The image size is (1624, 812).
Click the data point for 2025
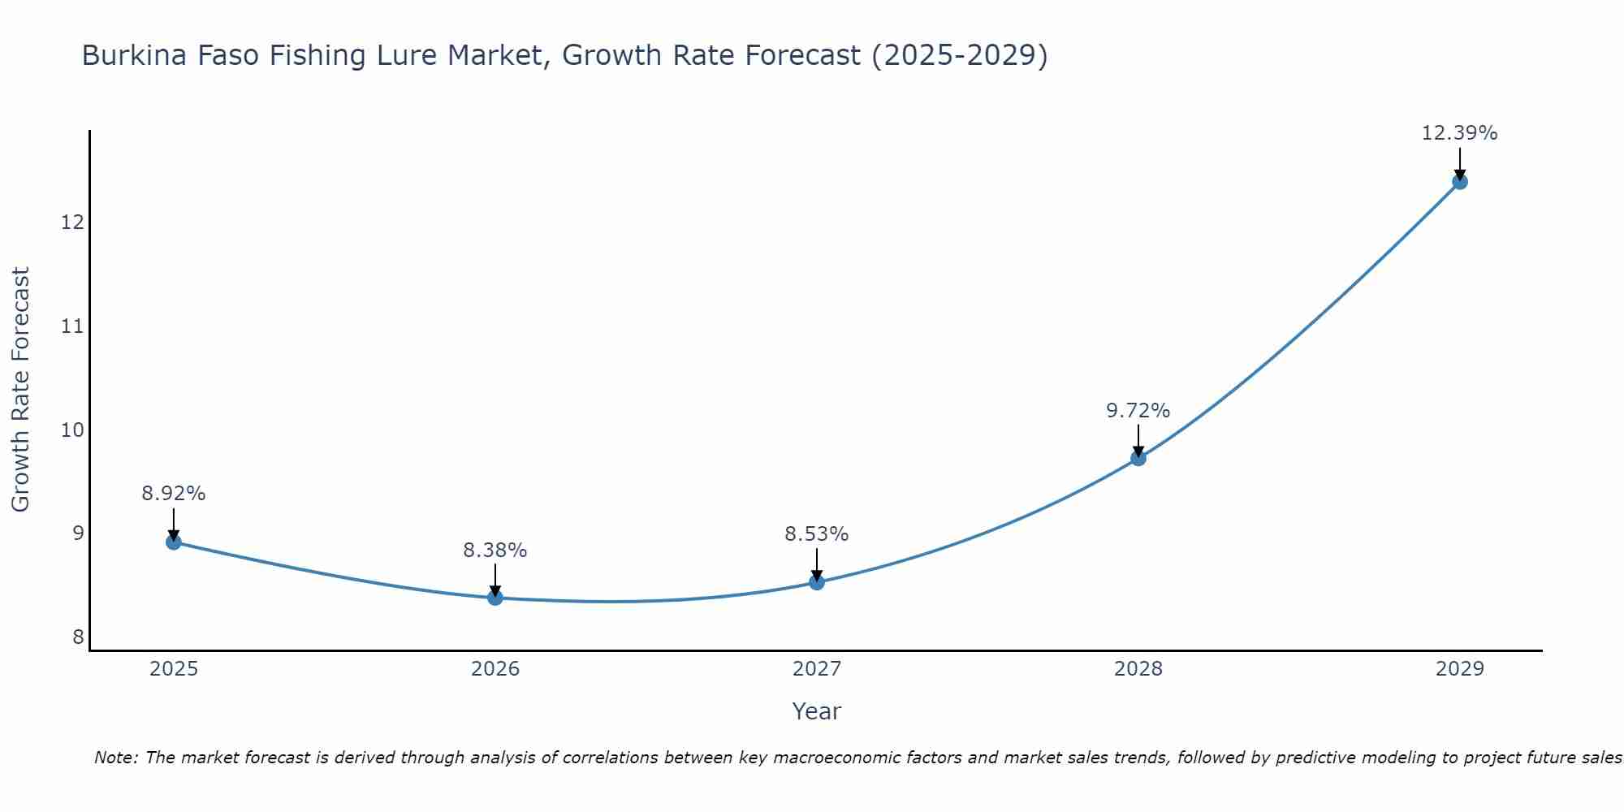point(174,542)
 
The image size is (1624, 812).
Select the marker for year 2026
point(495,598)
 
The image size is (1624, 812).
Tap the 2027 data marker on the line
point(817,582)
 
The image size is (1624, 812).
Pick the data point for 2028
point(1138,458)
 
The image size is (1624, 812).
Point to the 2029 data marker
point(1460,182)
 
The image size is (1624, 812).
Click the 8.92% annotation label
point(174,494)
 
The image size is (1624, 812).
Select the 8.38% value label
point(495,551)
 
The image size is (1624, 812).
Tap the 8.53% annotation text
point(817,534)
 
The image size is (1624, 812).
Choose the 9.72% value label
point(1138,411)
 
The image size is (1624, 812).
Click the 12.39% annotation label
point(1460,133)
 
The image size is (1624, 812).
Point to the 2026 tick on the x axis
point(495,669)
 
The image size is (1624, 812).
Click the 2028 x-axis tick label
point(1138,669)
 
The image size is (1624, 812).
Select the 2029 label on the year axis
point(1460,669)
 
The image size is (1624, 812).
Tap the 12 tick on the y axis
point(73,222)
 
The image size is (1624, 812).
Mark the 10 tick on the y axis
point(73,430)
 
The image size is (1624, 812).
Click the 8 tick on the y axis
point(78,637)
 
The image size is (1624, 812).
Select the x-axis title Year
point(817,711)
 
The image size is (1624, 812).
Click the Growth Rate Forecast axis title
point(21,390)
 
